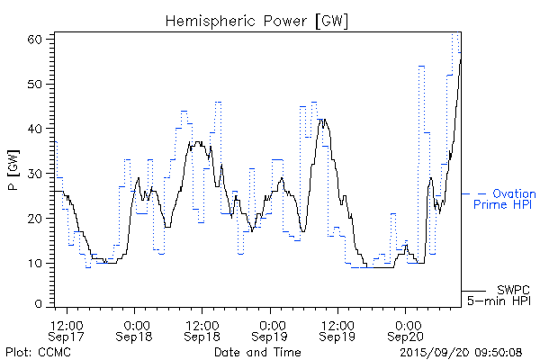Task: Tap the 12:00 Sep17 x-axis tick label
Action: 67,329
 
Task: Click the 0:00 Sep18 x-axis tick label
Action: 136,329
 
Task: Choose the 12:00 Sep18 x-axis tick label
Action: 203,329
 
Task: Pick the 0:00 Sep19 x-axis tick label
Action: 270,329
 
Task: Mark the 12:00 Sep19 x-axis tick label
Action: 337,329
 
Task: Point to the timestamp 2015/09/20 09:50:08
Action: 461,351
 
